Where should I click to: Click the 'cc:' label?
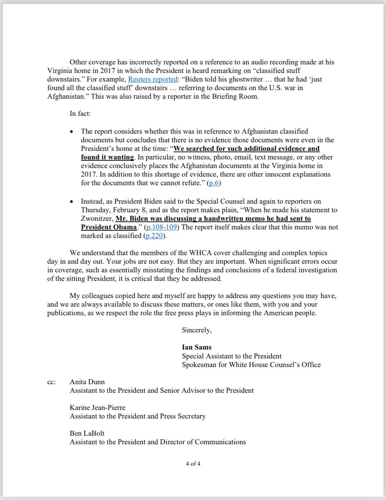point(53,382)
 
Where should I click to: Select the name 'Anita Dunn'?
point(87,382)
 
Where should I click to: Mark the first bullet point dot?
point(72,131)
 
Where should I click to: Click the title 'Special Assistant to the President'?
point(232,356)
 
